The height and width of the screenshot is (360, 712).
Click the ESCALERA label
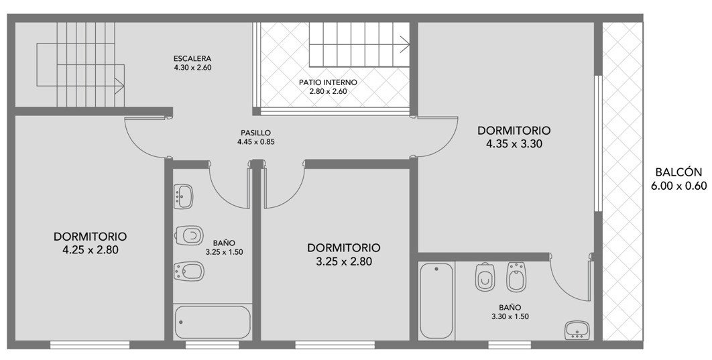pos(192,58)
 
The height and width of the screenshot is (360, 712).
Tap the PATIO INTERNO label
pos(328,82)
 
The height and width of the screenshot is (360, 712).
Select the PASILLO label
pos(255,133)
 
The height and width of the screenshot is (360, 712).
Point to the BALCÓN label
pos(679,172)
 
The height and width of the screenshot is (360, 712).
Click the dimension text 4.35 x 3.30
pos(514,144)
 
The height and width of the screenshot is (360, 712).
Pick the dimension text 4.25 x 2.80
pos(91,249)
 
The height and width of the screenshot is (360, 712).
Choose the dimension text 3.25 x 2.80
pos(344,261)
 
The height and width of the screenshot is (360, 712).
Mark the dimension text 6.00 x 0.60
pos(679,186)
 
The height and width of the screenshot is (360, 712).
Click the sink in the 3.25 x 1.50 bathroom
pos(184,196)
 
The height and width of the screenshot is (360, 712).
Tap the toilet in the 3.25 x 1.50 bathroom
pos(189,235)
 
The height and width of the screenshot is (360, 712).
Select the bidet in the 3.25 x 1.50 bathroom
pos(189,271)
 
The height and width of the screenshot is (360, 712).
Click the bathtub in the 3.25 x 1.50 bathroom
pos(213,322)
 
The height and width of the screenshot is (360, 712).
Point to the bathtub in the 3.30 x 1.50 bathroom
pos(436,300)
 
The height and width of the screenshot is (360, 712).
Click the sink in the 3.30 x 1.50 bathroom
pos(577,330)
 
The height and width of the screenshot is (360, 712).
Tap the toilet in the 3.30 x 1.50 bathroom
pos(485,277)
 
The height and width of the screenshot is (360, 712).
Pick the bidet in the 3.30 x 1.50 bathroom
pos(516,277)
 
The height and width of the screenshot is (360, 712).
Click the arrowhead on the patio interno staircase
pos(405,44)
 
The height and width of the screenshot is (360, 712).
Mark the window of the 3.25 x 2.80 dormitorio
pos(335,345)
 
